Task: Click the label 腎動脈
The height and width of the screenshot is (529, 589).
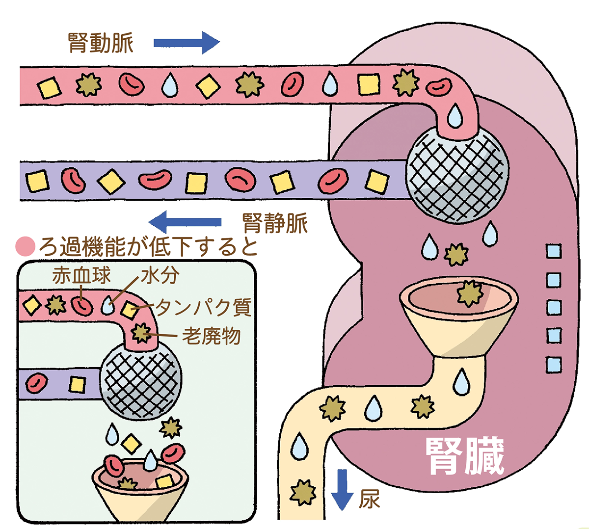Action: pos(101,43)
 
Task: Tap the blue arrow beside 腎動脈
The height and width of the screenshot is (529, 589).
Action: pos(186,43)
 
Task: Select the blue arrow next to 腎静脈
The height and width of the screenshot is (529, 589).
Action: pos(185,222)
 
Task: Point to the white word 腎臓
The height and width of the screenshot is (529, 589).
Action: pos(464,456)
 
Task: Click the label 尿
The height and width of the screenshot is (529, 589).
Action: pos(369,500)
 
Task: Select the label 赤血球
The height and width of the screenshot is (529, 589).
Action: pos(81,276)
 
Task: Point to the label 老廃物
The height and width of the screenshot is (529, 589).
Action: pos(212,336)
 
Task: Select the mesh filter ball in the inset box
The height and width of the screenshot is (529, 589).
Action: pos(140,380)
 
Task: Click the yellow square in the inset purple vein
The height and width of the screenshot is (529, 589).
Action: pos(77,384)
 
